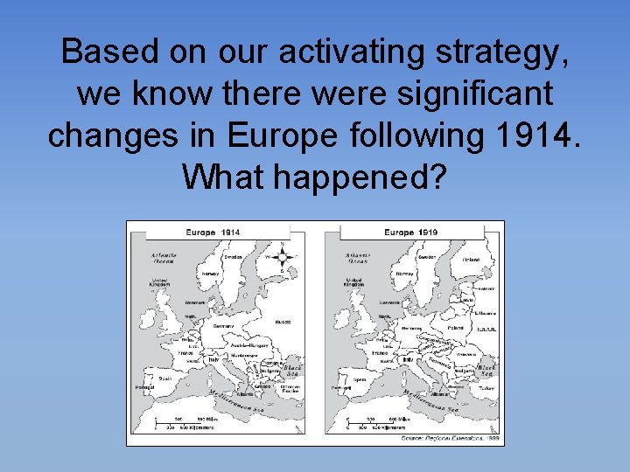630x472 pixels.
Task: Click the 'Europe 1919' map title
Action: point(411,233)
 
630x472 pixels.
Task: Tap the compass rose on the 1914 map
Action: point(282,257)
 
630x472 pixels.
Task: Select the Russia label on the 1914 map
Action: point(283,321)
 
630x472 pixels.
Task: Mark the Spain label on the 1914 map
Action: point(163,379)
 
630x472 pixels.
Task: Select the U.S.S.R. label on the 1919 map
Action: point(487,329)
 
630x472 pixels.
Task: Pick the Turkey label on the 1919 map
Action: point(487,386)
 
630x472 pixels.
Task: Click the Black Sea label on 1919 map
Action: point(486,371)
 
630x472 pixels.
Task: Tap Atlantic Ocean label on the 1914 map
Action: point(164,258)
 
